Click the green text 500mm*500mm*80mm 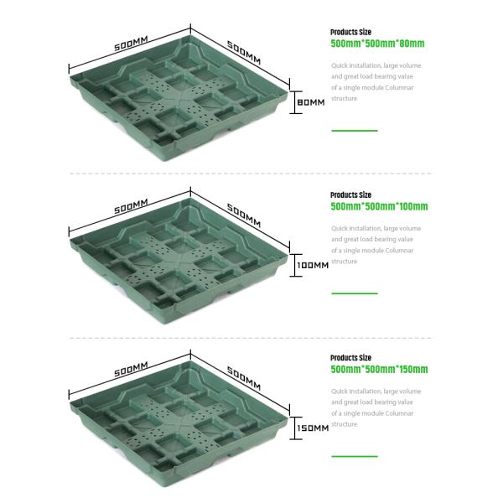tap(377, 44)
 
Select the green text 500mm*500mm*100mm tap(379, 206)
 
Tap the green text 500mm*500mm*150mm tap(379, 369)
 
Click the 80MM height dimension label tap(310, 102)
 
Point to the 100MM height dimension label tap(313, 265)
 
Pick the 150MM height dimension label tap(313, 428)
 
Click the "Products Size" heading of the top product tap(350, 32)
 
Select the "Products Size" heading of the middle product tap(350, 194)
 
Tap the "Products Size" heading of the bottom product tap(350, 357)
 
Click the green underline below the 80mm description tap(354, 131)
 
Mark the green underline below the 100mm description tap(354, 293)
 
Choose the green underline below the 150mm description tap(354, 456)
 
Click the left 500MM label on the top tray tap(131, 43)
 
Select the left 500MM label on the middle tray tap(131, 205)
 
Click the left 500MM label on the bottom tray tap(131, 368)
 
